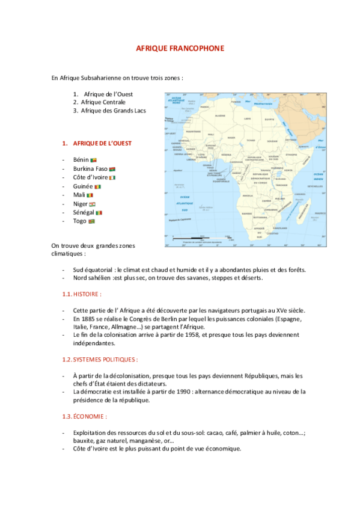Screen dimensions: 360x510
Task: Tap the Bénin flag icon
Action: point(93,160)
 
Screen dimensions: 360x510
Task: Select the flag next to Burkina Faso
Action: point(112,169)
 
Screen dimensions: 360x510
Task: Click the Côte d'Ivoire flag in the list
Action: point(120,177)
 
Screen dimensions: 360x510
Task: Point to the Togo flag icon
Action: point(91,221)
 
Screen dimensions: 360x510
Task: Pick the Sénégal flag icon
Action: point(99,213)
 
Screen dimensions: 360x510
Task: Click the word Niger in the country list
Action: point(80,204)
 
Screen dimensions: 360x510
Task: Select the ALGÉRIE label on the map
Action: point(220,115)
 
